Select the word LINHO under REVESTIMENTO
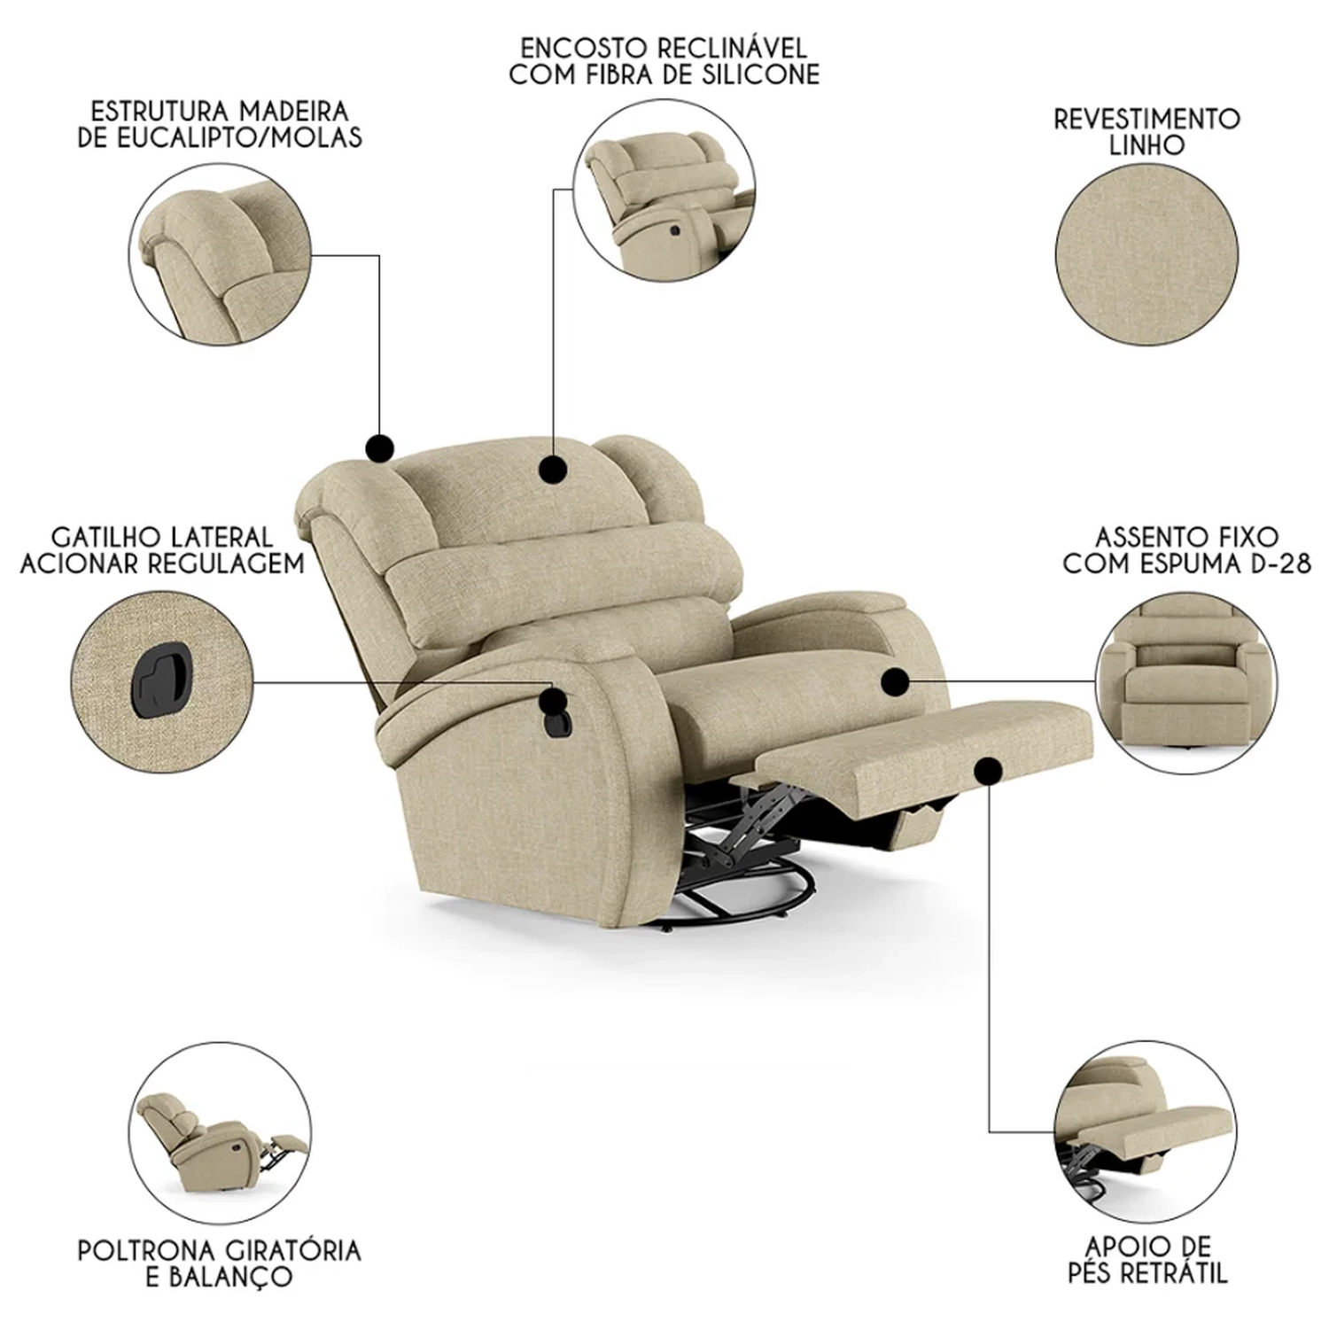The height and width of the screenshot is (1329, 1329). click(x=1146, y=145)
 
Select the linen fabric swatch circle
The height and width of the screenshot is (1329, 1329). click(x=1146, y=251)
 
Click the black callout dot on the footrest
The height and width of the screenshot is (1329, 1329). click(x=988, y=771)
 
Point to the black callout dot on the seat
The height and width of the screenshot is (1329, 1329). click(x=896, y=681)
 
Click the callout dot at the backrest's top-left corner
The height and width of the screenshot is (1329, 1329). click(x=379, y=448)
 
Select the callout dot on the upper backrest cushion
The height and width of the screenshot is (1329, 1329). click(x=554, y=469)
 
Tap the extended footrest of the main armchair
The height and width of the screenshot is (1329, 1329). click(x=921, y=753)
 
